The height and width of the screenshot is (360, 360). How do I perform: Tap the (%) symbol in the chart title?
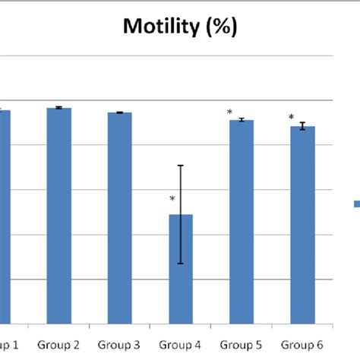pos(219,28)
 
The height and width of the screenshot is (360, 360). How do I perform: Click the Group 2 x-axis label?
pos(59,345)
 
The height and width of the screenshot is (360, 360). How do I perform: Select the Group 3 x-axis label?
pos(119,345)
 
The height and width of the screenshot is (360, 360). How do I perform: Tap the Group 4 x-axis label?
pos(180,345)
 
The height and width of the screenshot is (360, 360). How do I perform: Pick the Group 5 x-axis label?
pos(242,345)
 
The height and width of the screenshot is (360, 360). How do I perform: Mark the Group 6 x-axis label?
pos(302,345)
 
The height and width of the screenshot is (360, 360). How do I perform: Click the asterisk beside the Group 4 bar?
pos(172,201)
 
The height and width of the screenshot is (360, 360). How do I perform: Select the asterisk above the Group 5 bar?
pos(229,113)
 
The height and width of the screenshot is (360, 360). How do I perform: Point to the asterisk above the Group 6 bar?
pos(291,118)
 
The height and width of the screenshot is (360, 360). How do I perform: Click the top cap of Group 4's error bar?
pos(180,166)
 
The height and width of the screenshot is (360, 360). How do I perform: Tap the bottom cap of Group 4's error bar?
pos(180,264)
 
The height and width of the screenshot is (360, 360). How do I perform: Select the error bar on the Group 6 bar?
pos(302,126)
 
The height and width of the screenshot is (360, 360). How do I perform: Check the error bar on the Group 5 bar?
pos(242,120)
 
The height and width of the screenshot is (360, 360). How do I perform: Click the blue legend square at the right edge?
pos(356,203)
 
